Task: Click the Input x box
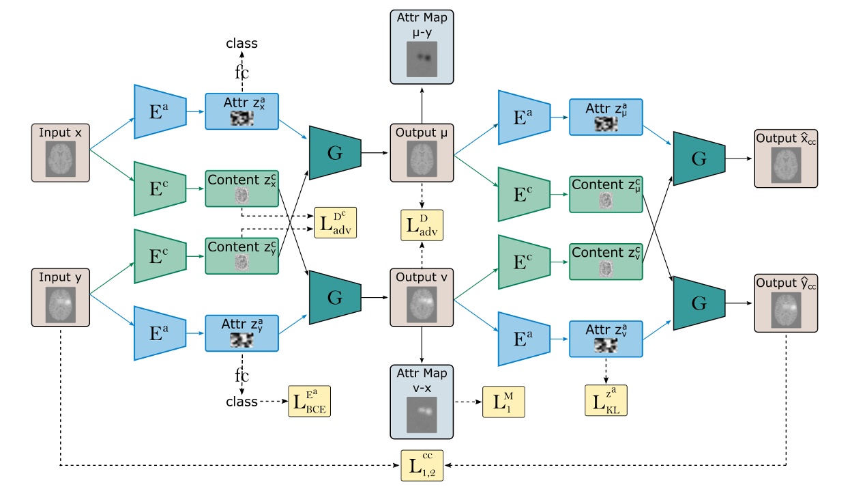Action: (x=61, y=153)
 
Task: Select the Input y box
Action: (x=61, y=296)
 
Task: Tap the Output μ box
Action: (x=421, y=152)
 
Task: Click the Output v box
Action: (x=421, y=298)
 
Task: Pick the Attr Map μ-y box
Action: (x=421, y=46)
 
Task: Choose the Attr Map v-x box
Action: (x=421, y=402)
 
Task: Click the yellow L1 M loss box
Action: (x=503, y=402)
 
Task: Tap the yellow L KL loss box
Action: (x=606, y=400)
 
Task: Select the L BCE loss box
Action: (x=311, y=401)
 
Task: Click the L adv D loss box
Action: (x=422, y=225)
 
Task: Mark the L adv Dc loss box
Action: (x=335, y=220)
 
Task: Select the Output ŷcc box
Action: (x=785, y=305)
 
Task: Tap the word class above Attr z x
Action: (x=242, y=43)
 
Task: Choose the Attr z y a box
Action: (x=242, y=333)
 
